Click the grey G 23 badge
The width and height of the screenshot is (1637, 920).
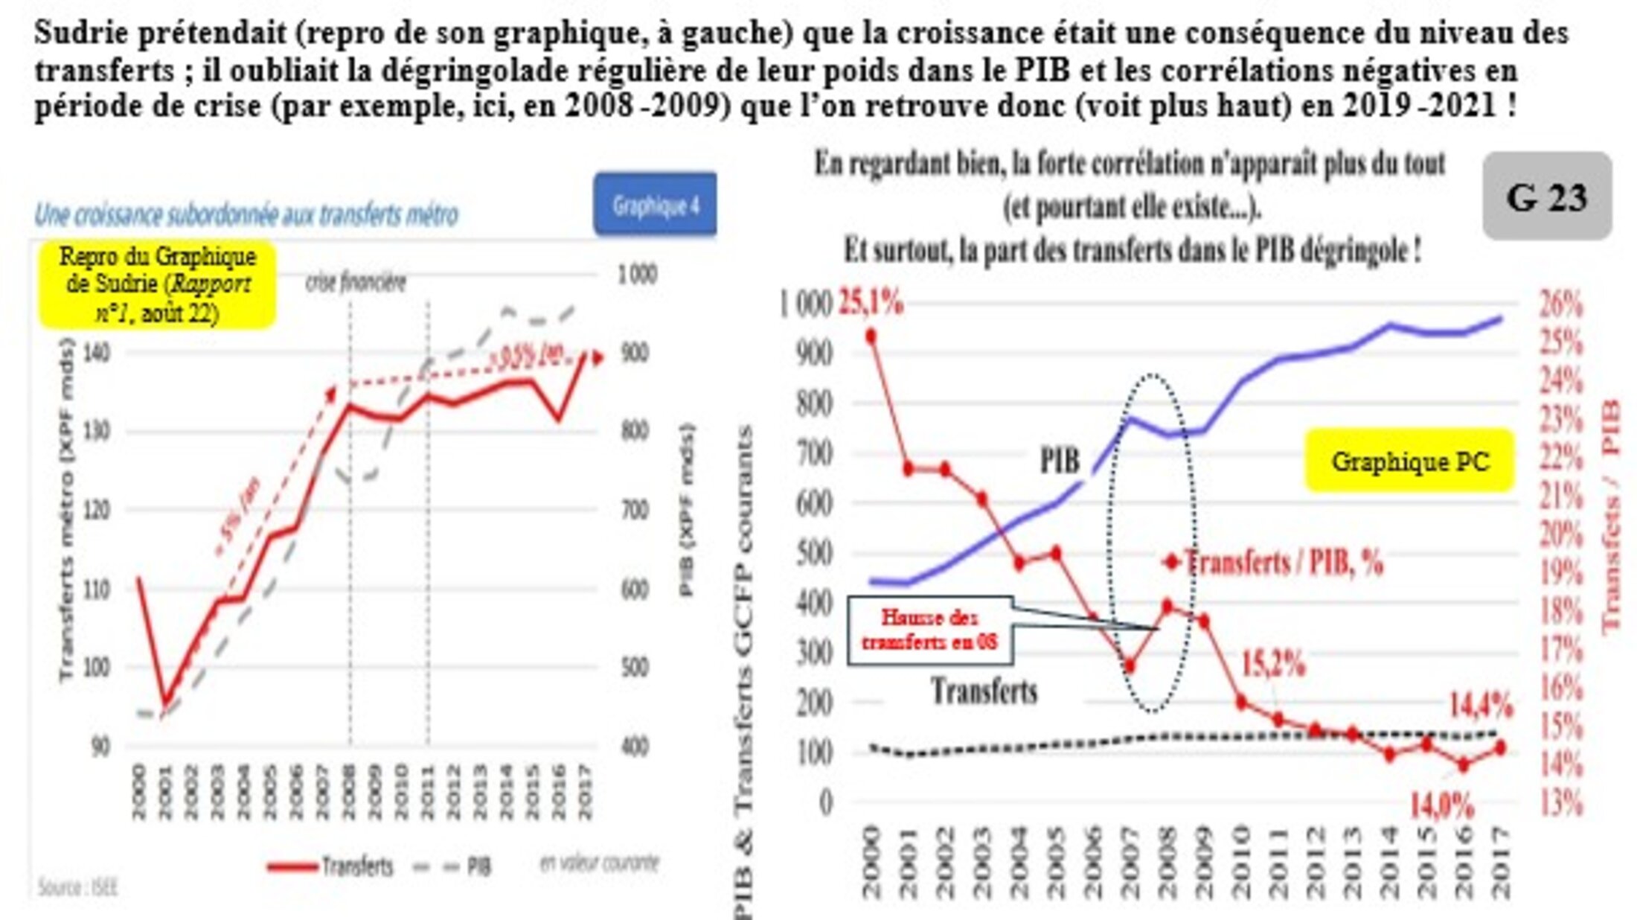click(x=1547, y=197)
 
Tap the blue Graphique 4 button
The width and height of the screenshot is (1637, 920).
click(x=655, y=205)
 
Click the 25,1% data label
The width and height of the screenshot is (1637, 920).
click(x=871, y=303)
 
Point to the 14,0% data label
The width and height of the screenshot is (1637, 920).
click(x=1441, y=805)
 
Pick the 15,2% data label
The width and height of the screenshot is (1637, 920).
click(x=1273, y=663)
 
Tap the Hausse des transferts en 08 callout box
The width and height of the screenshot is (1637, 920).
click(x=929, y=630)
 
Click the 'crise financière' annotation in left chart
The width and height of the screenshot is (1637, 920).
click(x=356, y=283)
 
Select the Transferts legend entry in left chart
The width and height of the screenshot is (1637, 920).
click(x=331, y=866)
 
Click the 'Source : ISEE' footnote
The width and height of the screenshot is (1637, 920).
click(x=78, y=887)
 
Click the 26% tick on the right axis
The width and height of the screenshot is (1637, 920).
click(x=1560, y=304)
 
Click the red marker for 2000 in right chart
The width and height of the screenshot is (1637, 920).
click(x=871, y=336)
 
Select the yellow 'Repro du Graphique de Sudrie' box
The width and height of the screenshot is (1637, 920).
click(x=157, y=284)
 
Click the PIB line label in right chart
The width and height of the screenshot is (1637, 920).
click(x=1059, y=461)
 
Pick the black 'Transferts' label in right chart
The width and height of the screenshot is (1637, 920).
click(x=984, y=691)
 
